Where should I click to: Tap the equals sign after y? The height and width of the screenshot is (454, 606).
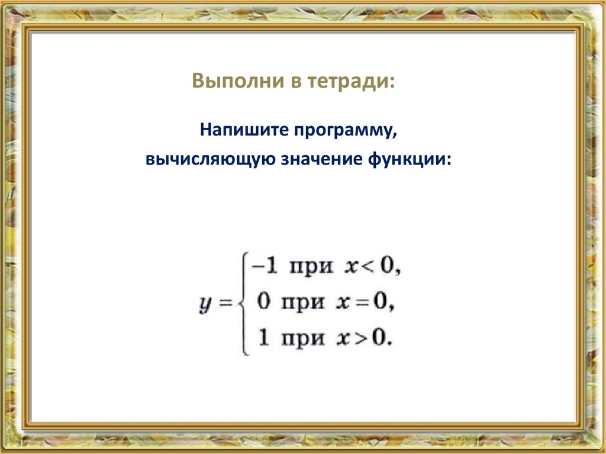coord(224,303)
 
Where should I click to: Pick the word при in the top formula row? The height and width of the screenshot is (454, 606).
coord(309,268)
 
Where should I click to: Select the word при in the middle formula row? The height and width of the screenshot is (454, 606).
coord(302,303)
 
